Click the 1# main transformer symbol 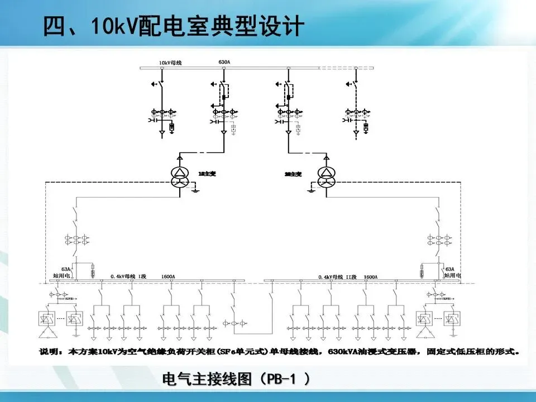pos(181,176)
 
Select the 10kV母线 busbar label pos(169,62)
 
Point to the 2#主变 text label pos(292,174)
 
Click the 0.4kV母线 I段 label pos(128,276)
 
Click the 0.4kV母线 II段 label pos(337,276)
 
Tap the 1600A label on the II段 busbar pos(370,276)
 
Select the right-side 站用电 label pos(452,275)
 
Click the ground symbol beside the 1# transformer pos(194,191)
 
